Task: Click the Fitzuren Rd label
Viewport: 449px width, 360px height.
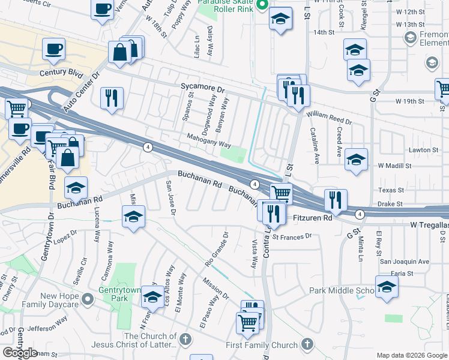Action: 311,218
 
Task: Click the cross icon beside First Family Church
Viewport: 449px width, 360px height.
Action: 307,344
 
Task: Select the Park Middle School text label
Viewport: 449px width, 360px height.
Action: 342,291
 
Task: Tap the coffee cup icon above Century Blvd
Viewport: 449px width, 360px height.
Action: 53,49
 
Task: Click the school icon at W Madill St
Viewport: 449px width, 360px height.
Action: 356,159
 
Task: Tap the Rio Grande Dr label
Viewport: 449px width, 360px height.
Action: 217,249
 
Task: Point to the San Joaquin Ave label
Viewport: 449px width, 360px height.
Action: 405,262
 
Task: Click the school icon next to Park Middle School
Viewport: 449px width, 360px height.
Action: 387,286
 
